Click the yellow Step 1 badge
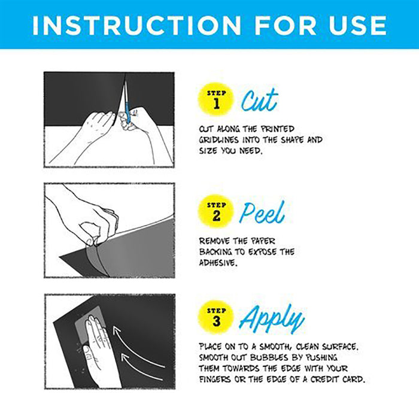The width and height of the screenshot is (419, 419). (216, 99)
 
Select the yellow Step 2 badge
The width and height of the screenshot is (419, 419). (216, 211)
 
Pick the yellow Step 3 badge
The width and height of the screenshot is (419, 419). (216, 317)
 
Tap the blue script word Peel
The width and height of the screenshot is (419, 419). (262, 212)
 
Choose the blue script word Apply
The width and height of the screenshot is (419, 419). (272, 318)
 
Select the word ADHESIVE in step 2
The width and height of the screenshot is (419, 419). (218, 263)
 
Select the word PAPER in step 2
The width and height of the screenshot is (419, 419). (263, 241)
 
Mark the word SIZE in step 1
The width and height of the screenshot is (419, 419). (208, 151)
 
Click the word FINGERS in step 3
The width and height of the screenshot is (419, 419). (215, 379)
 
